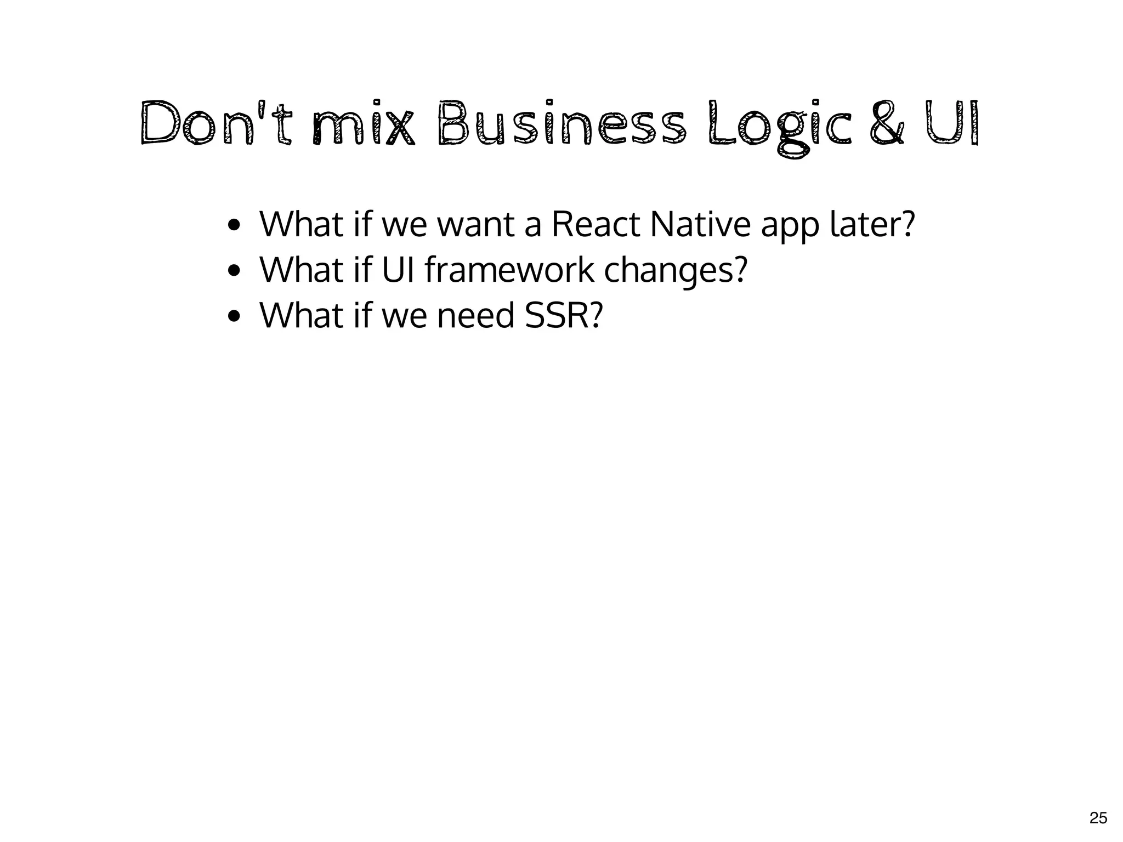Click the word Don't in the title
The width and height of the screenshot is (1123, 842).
coord(215,123)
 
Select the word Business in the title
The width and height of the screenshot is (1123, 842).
coord(561,123)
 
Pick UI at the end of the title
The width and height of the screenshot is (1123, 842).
coord(952,123)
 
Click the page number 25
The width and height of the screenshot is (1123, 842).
coord(1098,818)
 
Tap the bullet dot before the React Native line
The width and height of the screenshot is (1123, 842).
coord(234,225)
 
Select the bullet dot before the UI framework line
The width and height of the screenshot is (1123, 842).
coord(234,271)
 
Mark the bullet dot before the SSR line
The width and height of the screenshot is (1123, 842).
coord(234,316)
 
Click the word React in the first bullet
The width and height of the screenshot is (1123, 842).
coord(595,224)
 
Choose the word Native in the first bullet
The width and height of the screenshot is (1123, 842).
coord(700,224)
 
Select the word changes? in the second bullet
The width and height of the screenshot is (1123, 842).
coord(676,271)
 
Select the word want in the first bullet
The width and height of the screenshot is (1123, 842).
coord(475,224)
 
